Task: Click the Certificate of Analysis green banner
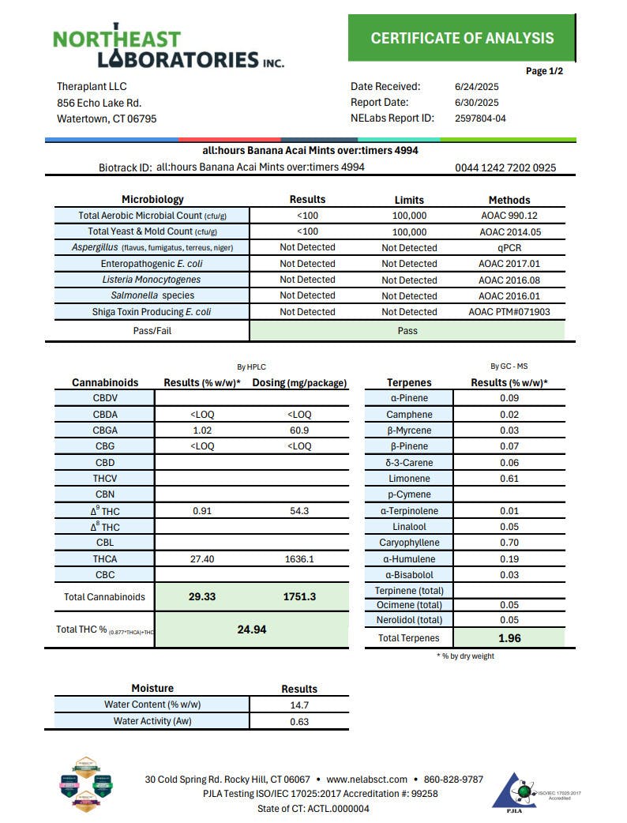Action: coord(462,38)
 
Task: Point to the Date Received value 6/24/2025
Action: coord(471,86)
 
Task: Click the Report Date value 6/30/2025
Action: coord(471,102)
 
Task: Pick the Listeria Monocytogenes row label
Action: coord(151,280)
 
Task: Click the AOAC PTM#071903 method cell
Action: coord(509,312)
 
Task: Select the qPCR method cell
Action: coord(509,248)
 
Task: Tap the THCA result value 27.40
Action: coord(202,558)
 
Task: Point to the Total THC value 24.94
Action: coord(252,629)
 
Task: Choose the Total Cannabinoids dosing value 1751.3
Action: coord(299,596)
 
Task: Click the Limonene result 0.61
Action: coord(509,479)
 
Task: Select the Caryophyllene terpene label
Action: coord(409,543)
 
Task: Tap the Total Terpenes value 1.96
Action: coord(509,638)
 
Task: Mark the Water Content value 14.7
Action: coord(299,705)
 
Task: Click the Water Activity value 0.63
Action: coord(299,721)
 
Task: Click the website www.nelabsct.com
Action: coord(366,780)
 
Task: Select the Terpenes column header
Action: coord(409,382)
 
